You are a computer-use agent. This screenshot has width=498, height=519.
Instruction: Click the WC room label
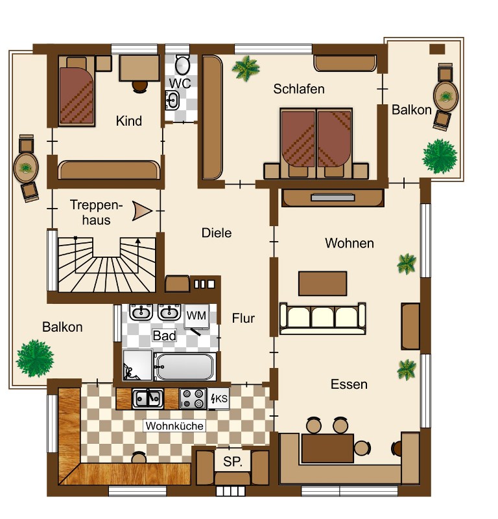180,83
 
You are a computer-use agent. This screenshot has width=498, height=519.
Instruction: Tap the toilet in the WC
182,64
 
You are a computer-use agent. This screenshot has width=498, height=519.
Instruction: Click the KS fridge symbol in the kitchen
219,399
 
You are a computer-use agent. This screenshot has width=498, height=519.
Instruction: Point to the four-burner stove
193,399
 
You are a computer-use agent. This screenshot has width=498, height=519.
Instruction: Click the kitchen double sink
148,398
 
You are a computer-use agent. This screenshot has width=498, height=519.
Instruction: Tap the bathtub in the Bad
185,367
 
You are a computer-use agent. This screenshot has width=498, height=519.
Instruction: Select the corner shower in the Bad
137,365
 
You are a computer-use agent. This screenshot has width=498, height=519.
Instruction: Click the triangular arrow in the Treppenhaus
142,211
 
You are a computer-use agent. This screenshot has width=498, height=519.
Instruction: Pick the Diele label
217,233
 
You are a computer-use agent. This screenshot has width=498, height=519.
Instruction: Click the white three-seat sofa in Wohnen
323,318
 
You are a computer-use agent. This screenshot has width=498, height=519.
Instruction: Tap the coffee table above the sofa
322,283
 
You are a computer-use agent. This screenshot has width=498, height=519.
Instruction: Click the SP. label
232,462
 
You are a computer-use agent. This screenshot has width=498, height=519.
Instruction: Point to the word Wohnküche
174,426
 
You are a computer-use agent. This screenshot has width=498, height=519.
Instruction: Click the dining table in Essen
327,448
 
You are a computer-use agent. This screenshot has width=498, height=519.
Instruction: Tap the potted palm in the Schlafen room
246,68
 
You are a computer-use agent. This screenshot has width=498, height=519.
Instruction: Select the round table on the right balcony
445,97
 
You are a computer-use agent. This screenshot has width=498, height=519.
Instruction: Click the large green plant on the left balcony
35,358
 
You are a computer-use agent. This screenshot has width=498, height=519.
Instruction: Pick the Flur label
243,318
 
